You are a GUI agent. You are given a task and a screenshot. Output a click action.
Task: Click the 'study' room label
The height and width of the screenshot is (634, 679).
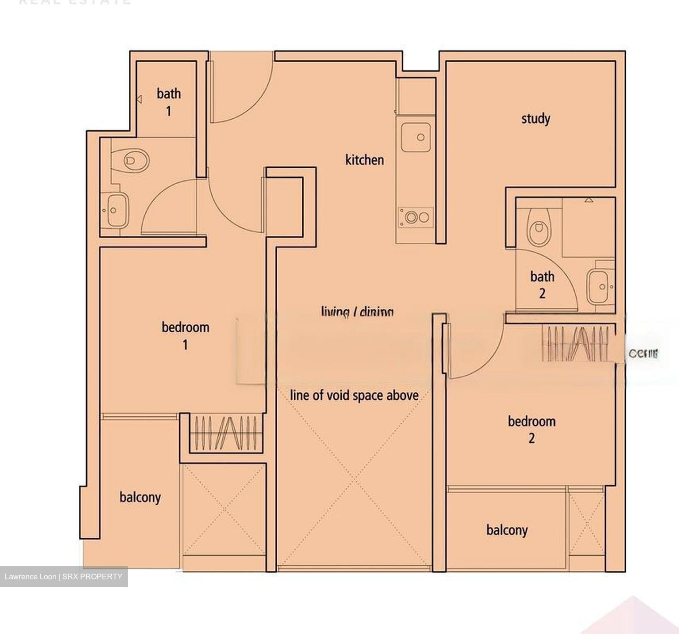[536, 118]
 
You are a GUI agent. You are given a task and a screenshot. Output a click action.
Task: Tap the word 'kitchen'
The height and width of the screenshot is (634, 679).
[364, 160]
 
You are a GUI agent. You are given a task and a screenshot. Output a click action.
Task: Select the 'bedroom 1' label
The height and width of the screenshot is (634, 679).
[185, 335]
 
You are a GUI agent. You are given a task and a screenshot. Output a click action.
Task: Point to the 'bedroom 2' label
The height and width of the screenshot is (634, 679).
[531, 429]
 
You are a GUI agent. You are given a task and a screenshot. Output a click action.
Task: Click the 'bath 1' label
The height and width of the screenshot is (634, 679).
[169, 102]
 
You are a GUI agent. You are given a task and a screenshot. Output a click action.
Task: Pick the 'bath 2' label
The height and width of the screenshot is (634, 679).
[542, 284]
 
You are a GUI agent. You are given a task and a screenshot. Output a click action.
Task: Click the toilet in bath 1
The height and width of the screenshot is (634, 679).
[135, 160]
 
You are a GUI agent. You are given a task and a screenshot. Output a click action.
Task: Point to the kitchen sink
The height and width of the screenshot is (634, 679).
[416, 137]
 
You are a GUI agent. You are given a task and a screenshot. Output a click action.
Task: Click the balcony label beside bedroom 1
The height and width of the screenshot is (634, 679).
[140, 497]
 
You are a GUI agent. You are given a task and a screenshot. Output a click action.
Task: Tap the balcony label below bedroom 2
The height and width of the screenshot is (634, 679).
[507, 530]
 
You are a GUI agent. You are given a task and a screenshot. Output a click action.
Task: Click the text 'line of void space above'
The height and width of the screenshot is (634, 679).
[354, 395]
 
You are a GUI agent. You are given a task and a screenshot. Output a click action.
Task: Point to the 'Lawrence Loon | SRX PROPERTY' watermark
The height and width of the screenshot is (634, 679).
[64, 576]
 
